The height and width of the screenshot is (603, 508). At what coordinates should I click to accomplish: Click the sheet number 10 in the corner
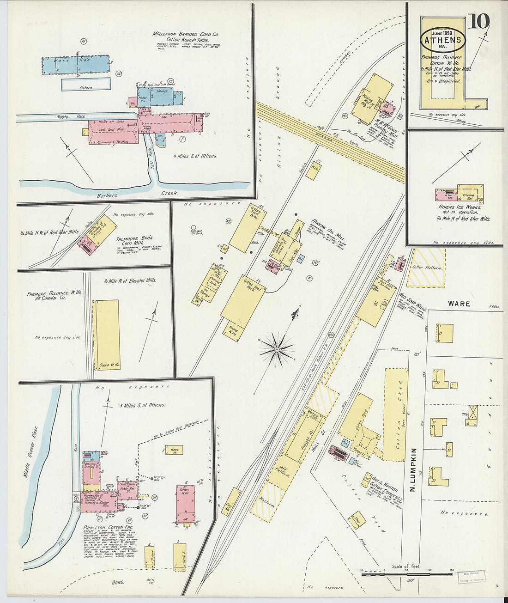478,21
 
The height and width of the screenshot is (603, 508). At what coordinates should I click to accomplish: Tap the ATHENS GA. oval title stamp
443,39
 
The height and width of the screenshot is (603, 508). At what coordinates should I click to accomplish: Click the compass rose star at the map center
276,350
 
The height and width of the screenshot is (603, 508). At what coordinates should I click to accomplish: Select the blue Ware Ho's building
76,65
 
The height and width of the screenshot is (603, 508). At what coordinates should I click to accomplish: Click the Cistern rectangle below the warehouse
86,84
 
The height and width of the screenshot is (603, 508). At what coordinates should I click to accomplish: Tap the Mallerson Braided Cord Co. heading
186,34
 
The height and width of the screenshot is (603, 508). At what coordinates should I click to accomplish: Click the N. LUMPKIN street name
414,473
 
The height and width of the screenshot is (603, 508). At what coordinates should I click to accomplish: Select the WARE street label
459,304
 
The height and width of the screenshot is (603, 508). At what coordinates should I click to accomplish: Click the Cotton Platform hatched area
427,267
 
